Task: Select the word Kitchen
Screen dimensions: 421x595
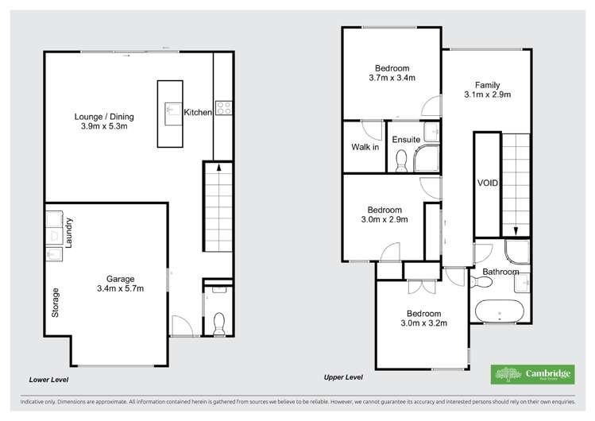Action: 198,113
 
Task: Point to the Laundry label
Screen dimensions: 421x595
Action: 70,231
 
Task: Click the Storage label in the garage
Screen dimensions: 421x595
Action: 55,302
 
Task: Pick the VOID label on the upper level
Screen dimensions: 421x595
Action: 487,183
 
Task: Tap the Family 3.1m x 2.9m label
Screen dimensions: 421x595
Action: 488,90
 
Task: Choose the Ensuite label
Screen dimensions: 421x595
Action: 406,140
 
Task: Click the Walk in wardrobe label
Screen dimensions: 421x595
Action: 365,148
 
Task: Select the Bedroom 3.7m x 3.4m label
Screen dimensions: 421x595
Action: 392,73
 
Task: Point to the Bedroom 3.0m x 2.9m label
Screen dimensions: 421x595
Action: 382,214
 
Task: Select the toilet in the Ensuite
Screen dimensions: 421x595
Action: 401,163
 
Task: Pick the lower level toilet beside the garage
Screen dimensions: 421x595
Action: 219,322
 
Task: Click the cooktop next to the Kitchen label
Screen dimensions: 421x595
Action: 223,108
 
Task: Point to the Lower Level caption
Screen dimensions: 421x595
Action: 48,379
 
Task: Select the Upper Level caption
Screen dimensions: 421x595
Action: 343,377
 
